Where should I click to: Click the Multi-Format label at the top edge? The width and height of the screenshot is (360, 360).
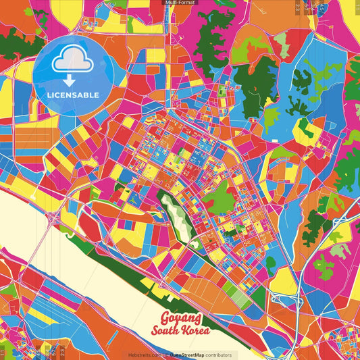[x=180, y=3]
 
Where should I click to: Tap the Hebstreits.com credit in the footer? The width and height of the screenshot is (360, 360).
[x=143, y=355]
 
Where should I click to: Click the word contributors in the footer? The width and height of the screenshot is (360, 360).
[x=218, y=355]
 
